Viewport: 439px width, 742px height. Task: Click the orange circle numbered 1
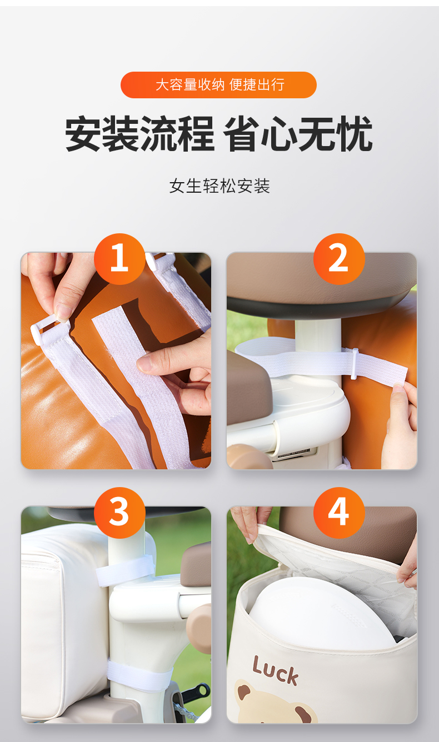pos(119,259)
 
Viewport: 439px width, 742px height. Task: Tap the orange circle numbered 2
pos(339,259)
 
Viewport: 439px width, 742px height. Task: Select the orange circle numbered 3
pos(119,513)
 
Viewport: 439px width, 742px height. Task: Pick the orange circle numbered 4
pos(339,513)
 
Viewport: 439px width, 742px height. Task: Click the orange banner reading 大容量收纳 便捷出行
pos(219,85)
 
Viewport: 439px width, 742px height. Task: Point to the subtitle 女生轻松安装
pos(219,186)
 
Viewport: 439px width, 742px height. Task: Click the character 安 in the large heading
pos(83,134)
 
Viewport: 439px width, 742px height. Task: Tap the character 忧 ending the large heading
pos(354,134)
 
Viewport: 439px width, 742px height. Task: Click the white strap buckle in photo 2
pos(355,363)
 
